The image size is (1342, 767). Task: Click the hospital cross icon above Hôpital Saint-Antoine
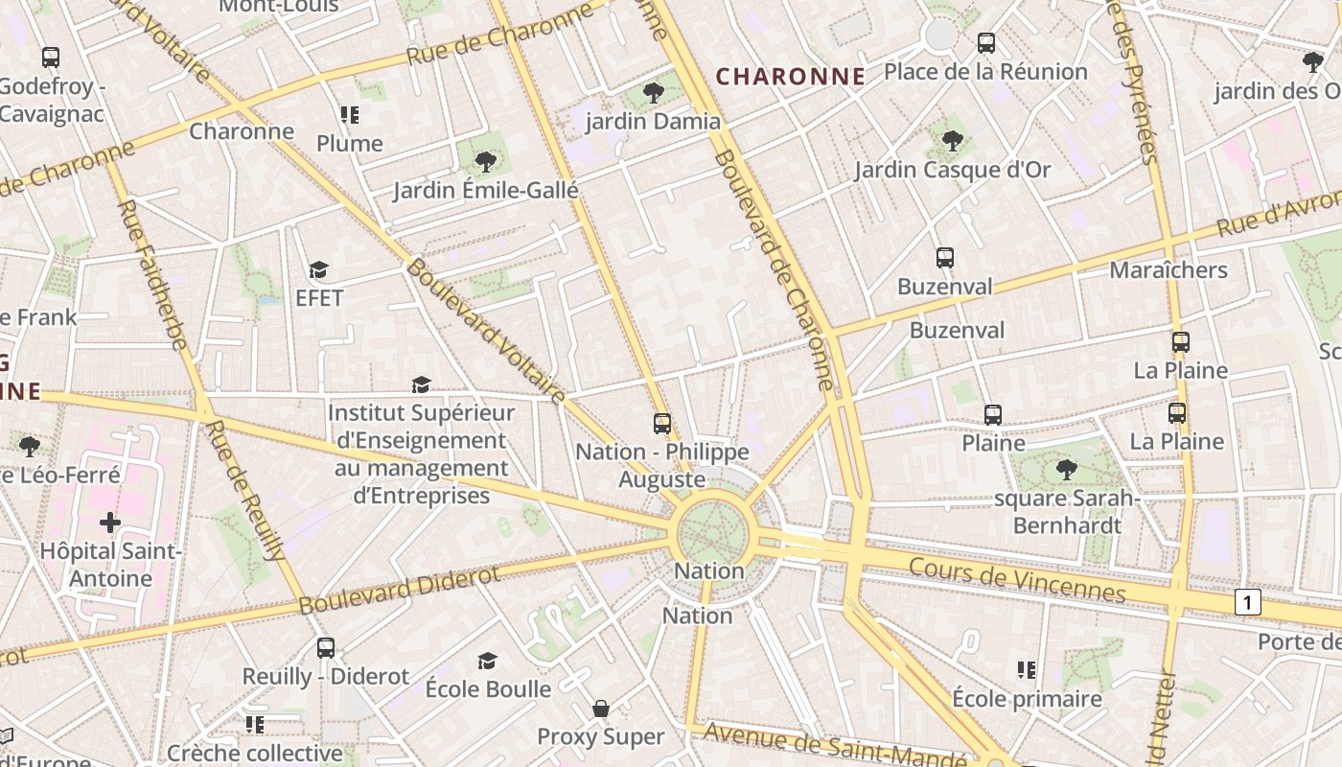(110, 523)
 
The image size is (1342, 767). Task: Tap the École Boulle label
(488, 688)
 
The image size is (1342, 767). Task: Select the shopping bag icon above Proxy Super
(601, 709)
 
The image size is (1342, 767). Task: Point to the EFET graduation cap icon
(318, 270)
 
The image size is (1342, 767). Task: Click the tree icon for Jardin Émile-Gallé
(486, 161)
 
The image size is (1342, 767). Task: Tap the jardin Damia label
(653, 121)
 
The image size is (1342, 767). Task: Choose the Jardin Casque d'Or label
(952, 170)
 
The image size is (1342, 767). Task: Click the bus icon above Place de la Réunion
(985, 43)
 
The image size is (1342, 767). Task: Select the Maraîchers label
(1168, 269)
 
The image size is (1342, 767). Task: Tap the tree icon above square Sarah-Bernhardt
(1066, 469)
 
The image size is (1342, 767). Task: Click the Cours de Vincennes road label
(1017, 579)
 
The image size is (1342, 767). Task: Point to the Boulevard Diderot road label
(400, 590)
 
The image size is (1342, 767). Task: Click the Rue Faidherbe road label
(152, 273)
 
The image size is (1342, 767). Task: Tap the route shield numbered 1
(1247, 602)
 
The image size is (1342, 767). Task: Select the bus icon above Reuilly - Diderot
(326, 647)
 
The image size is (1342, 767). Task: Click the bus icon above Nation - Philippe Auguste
(661, 423)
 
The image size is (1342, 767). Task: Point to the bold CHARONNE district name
(791, 77)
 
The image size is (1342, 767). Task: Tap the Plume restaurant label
(350, 144)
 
